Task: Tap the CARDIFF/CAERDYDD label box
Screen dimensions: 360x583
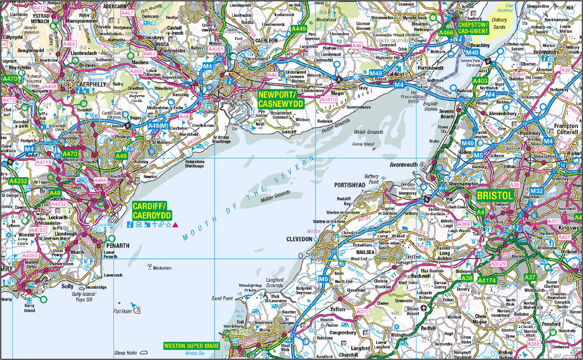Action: [152, 210]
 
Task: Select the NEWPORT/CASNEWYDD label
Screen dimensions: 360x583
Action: [281, 99]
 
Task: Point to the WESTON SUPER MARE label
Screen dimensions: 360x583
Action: [192, 346]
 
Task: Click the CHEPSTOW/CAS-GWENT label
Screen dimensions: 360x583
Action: [472, 28]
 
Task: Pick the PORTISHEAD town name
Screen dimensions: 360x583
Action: [350, 185]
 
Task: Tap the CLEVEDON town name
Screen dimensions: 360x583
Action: [299, 239]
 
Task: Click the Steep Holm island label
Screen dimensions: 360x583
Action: [126, 353]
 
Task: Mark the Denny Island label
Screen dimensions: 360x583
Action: [363, 144]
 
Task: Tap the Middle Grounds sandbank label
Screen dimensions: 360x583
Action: [275, 193]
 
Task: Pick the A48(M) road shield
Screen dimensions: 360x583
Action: [158, 126]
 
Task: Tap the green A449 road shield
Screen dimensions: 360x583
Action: [299, 29]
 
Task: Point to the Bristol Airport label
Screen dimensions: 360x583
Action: [413, 311]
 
